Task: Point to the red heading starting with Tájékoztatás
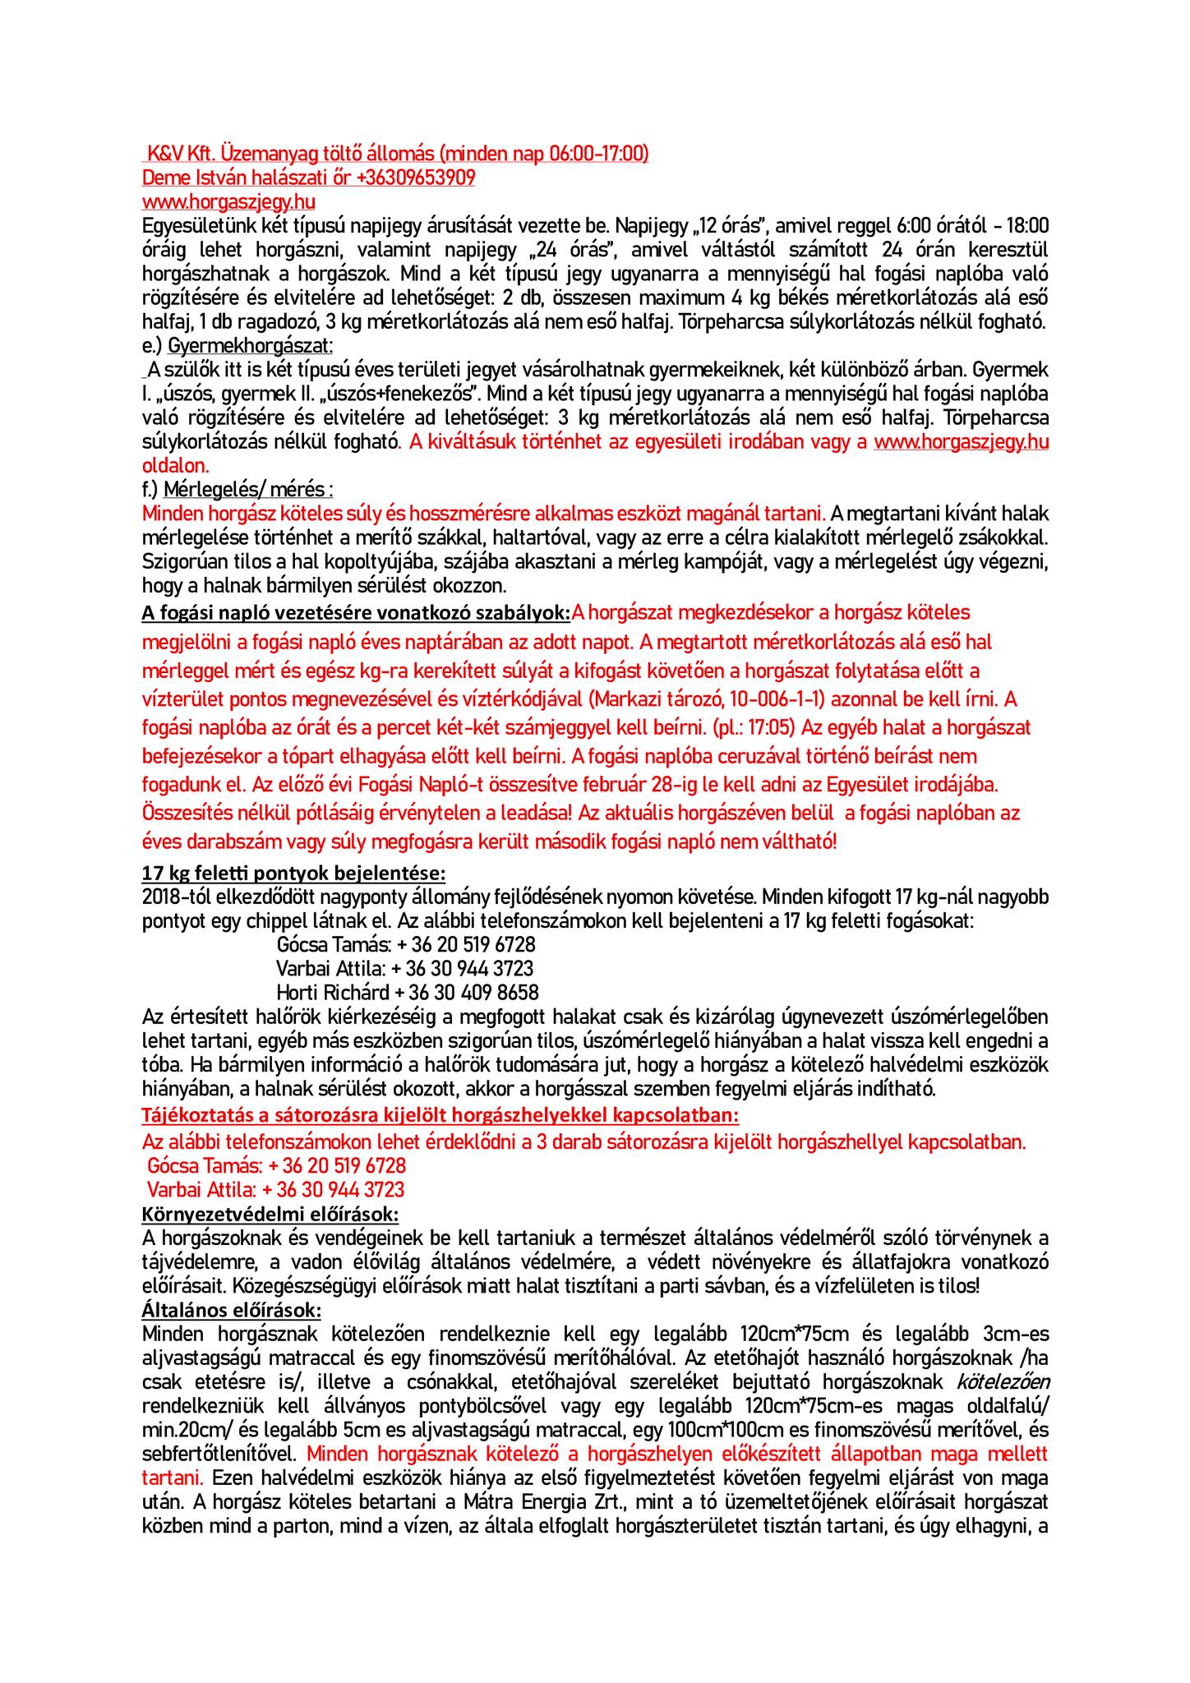pyautogui.click(x=440, y=1116)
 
